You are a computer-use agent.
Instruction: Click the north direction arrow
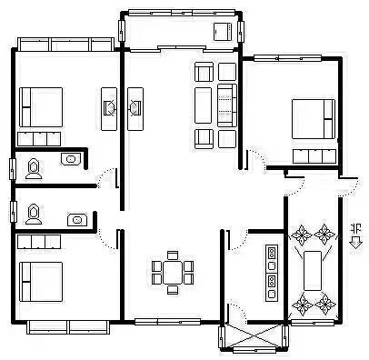[x=356, y=243]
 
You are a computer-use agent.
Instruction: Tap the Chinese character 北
[x=356, y=228]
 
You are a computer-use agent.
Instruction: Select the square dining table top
[x=173, y=272]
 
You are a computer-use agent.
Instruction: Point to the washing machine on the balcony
[x=224, y=32]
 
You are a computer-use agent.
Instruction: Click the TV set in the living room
[x=135, y=107]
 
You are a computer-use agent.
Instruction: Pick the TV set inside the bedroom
[x=110, y=108]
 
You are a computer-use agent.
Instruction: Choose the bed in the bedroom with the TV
[x=41, y=107]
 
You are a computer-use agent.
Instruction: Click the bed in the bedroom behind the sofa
[x=314, y=119]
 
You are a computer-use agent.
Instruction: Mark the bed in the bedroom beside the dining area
[x=41, y=282]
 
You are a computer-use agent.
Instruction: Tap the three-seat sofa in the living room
[x=227, y=105]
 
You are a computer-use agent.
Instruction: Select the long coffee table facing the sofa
[x=203, y=105]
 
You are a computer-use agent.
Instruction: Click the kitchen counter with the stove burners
[x=272, y=273]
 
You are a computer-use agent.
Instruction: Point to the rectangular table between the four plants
[x=313, y=271]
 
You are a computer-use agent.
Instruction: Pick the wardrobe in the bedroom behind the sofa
[x=314, y=156]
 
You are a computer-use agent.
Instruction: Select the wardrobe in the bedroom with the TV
[x=39, y=139]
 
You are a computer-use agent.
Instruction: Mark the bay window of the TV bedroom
[x=66, y=45]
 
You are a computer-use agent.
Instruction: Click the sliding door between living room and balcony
[x=182, y=49]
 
